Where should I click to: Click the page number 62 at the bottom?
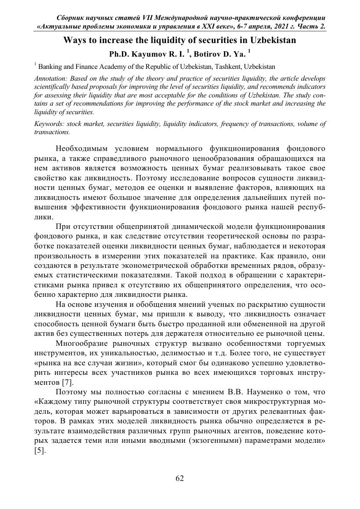point(180,479)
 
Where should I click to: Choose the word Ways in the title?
point(74,40)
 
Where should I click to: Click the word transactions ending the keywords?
point(52,132)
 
